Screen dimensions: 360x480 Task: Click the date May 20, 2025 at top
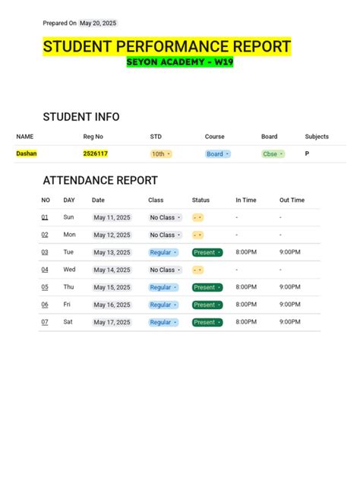pyautogui.click(x=99, y=24)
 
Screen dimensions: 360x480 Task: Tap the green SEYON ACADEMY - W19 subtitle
pyautogui.click(x=180, y=62)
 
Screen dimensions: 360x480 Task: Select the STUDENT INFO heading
pyautogui.click(x=81, y=117)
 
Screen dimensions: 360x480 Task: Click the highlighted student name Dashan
pyautogui.click(x=27, y=153)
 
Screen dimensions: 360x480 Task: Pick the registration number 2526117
pyautogui.click(x=95, y=153)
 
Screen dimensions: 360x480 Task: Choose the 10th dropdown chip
pyautogui.click(x=160, y=153)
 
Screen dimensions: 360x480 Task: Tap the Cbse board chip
pyautogui.click(x=273, y=153)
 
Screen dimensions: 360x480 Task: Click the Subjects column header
pyautogui.click(x=317, y=137)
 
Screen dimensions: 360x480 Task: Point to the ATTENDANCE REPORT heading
pyautogui.click(x=100, y=181)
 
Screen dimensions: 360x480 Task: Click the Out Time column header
pyautogui.click(x=292, y=201)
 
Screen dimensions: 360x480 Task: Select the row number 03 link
pyautogui.click(x=45, y=252)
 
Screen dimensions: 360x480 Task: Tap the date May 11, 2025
pyautogui.click(x=112, y=218)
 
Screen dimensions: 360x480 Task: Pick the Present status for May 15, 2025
pyautogui.click(x=207, y=287)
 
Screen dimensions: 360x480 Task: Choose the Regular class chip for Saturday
pyautogui.click(x=163, y=322)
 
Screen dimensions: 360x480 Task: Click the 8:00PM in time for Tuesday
pyautogui.click(x=246, y=252)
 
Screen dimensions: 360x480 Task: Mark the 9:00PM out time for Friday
pyautogui.click(x=290, y=305)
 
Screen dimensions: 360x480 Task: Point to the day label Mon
pyautogui.click(x=70, y=235)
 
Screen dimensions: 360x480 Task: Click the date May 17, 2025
pyautogui.click(x=112, y=322)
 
